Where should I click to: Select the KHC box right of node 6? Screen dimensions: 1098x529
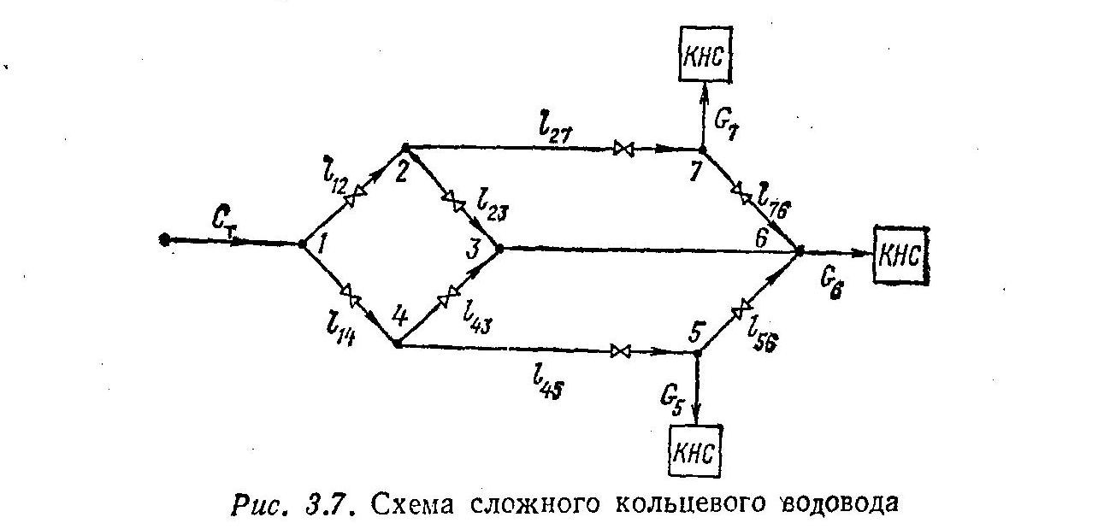pyautogui.click(x=900, y=255)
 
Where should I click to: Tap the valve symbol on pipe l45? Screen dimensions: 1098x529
pyautogui.click(x=621, y=351)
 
